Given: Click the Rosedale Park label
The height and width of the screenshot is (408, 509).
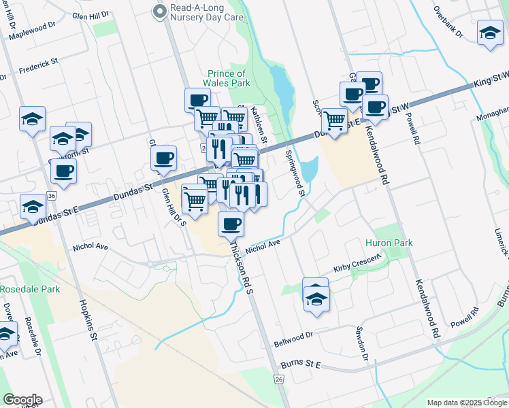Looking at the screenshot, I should (x=30, y=289).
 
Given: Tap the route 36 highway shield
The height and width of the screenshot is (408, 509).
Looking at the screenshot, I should (x=52, y=196).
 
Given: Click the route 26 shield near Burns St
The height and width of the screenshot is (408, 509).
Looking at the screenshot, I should (x=279, y=379).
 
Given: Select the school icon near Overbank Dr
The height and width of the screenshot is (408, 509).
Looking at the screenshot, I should (x=489, y=33).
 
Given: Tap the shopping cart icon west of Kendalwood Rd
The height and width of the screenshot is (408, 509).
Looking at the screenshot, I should (x=334, y=120).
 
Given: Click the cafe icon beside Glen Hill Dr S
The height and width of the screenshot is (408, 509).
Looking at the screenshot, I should (x=163, y=159).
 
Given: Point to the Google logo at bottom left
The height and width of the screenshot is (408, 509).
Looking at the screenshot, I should (x=22, y=400).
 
